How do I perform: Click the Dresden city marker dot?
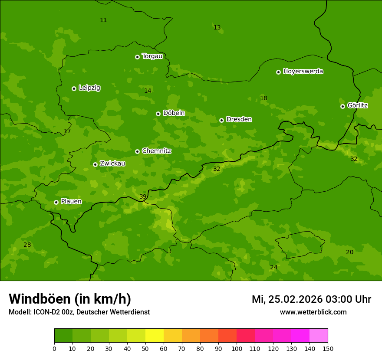coord(221,120)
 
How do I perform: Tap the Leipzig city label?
coord(89,88)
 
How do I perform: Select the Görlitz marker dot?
coord(342,106)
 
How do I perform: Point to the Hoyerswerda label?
coord(303,72)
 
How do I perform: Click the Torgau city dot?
coord(137,57)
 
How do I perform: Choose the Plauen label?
coord(71,202)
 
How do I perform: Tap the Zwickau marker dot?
coord(95,164)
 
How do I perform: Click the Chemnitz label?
coord(156,151)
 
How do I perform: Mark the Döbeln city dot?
coord(158,114)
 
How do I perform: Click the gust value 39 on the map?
coord(143,197)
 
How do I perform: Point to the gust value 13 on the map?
coord(217,28)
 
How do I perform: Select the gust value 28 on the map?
coord(27,245)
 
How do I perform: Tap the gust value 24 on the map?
coord(273,268)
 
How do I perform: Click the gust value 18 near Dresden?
coord(263,98)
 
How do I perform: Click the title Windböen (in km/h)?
coord(70,299)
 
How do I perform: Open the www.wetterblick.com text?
coord(313,312)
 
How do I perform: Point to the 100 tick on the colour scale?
coord(237,348)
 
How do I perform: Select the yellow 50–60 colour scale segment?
coord(155,336)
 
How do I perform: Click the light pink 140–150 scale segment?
coord(319,336)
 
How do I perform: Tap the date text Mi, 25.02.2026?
coord(287,299)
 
